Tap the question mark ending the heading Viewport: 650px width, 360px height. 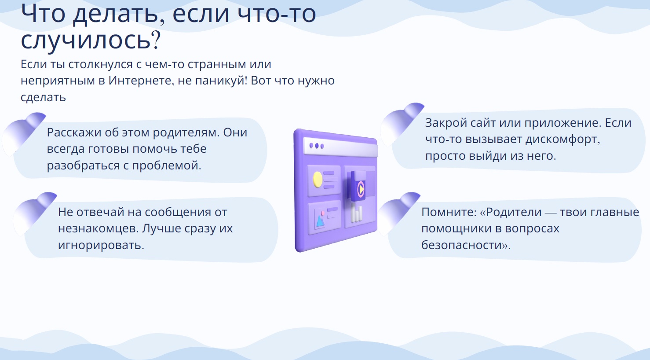156,40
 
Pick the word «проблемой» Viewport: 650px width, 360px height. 166,166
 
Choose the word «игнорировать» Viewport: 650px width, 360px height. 101,246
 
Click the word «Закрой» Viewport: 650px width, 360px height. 446,123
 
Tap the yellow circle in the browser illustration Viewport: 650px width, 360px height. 318,180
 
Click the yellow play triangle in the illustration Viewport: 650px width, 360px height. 361,190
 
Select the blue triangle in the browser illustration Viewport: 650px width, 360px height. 320,221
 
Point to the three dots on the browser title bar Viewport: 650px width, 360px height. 317,146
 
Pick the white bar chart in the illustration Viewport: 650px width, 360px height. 357,213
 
